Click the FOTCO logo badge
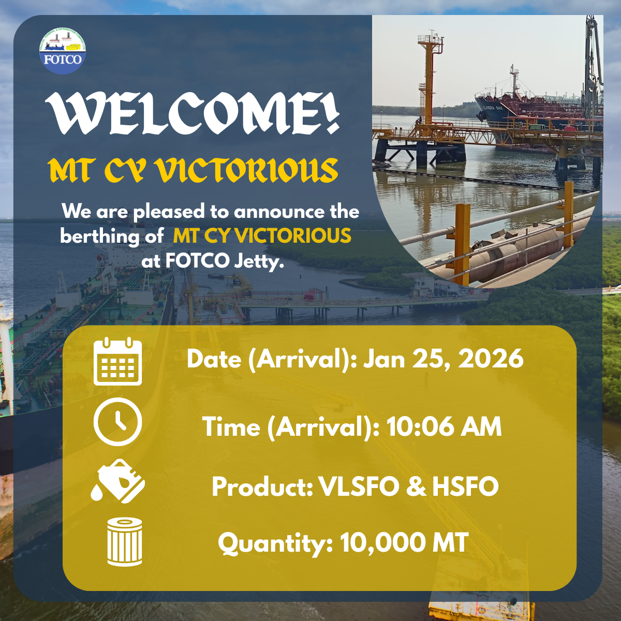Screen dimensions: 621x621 tap(63, 51)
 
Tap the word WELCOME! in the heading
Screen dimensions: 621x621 tap(193, 113)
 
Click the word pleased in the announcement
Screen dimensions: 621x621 tap(169, 212)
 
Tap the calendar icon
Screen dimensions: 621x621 tap(117, 361)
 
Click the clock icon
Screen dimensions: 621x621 tap(117, 422)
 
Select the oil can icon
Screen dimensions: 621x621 tap(117, 481)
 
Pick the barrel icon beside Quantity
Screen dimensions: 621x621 tap(124, 542)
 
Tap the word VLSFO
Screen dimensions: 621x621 tap(359, 486)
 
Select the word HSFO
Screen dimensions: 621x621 tap(465, 486)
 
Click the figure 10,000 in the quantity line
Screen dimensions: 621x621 tap(382, 544)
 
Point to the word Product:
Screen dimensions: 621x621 tap(262, 486)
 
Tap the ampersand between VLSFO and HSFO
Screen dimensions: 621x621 tap(416, 486)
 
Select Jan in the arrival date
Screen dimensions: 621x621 tap(384, 358)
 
